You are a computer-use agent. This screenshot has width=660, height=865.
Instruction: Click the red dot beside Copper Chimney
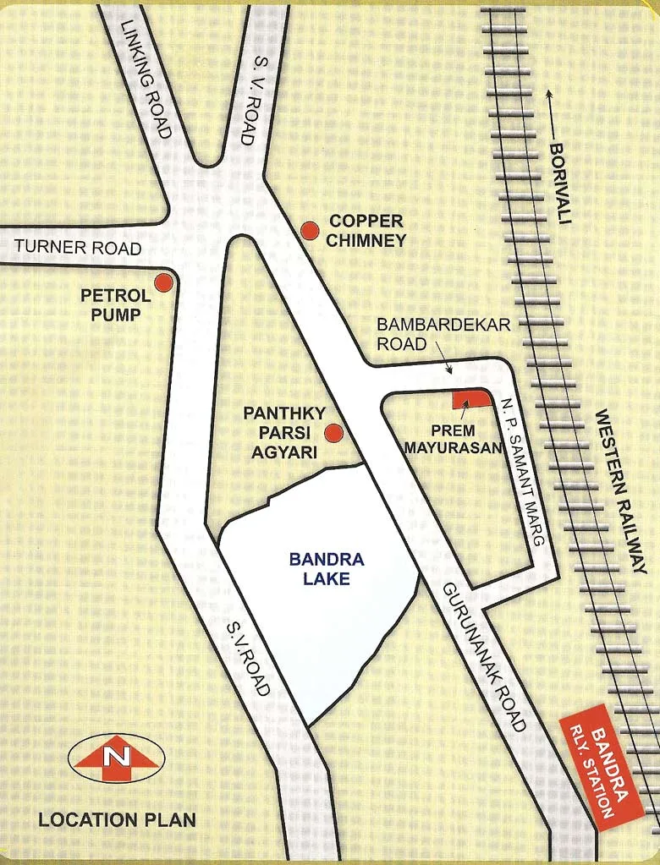click(x=311, y=230)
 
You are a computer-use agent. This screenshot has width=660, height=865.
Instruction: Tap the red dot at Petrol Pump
click(x=163, y=282)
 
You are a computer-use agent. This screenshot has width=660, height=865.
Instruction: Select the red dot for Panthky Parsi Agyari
click(x=334, y=434)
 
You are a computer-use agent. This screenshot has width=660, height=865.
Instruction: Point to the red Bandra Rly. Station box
click(x=601, y=765)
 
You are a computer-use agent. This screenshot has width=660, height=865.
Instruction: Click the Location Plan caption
click(x=117, y=819)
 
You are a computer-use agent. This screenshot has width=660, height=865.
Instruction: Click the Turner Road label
click(x=77, y=249)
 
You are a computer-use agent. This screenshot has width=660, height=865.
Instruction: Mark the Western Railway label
click(x=621, y=491)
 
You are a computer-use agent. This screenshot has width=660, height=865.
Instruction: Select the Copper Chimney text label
click(x=367, y=230)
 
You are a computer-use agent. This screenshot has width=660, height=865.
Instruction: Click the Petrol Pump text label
click(x=115, y=305)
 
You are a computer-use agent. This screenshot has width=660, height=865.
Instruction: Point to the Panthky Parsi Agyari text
click(x=280, y=433)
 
